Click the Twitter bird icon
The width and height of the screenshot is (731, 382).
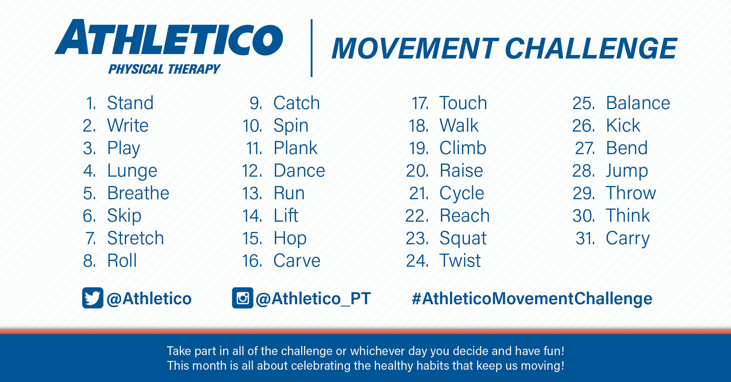(92, 298)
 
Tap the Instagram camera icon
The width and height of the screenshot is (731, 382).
(242, 298)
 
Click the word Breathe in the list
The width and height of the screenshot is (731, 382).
(138, 193)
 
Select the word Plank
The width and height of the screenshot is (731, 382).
(295, 148)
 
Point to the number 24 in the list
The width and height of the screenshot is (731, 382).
(417, 261)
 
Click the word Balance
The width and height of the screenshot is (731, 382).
(638, 103)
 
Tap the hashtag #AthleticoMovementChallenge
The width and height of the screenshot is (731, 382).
(532, 299)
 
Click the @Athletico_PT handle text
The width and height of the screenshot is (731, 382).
(313, 299)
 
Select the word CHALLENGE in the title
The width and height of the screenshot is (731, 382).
(591, 49)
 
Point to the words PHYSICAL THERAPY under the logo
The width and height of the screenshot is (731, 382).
(164, 69)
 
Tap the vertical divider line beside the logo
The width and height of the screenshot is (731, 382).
(312, 48)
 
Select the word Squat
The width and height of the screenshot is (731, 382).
(463, 238)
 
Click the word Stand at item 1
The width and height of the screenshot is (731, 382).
(130, 103)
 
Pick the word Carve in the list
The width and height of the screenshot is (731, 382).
(297, 261)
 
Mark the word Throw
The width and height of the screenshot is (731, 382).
(631, 193)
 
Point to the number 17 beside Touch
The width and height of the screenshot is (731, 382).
(420, 103)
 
